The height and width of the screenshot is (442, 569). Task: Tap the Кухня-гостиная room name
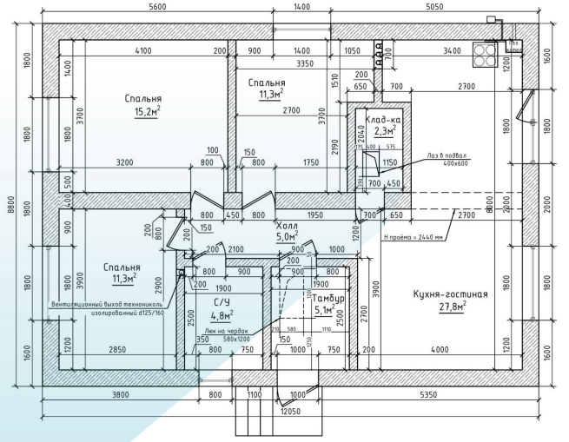(450, 294)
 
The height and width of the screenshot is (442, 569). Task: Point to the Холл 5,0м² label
(287, 229)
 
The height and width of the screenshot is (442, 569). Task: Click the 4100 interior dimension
(143, 51)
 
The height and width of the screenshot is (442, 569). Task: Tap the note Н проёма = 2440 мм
(414, 235)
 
